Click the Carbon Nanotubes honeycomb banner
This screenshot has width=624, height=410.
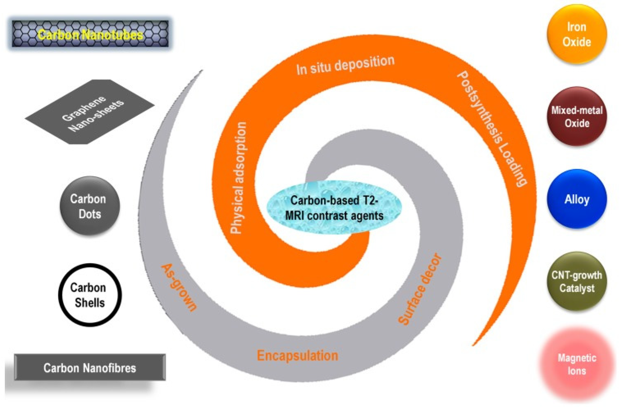click(x=90, y=34)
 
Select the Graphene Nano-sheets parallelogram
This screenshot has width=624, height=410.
click(x=90, y=112)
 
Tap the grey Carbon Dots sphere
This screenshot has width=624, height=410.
click(x=89, y=207)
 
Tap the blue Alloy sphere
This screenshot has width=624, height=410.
click(x=577, y=199)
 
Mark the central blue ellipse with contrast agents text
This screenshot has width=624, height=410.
click(x=334, y=208)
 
